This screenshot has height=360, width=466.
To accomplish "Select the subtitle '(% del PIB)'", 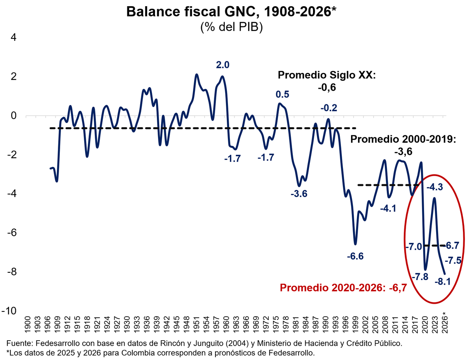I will pyautogui.click(x=232, y=27).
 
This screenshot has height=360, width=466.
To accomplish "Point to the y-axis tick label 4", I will pyautogui.click(x=14, y=38).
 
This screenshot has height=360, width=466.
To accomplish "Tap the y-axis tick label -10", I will pyautogui.click(x=9, y=311).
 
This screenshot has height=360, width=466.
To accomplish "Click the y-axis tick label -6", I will pyautogui.click(x=12, y=233).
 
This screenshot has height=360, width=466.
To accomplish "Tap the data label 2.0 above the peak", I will pyautogui.click(x=223, y=65).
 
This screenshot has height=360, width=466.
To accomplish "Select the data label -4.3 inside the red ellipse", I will pyautogui.click(x=435, y=187).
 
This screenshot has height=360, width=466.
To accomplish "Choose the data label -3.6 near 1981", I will pyautogui.click(x=299, y=194).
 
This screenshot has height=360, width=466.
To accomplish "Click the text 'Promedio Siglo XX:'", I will pyautogui.click(x=327, y=75).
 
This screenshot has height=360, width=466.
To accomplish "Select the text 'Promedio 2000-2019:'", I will pyautogui.click(x=403, y=139).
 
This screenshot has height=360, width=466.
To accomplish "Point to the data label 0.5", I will pyautogui.click(x=283, y=94).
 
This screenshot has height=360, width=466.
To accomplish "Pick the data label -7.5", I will pyautogui.click(x=453, y=260).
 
